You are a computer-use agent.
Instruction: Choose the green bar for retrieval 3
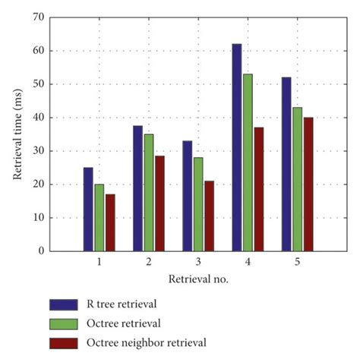tap(198, 204)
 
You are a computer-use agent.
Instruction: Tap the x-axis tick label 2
tap(148, 261)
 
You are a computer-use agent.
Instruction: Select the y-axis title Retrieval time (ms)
tap(17, 134)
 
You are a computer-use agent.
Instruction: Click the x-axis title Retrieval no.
tap(198, 279)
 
